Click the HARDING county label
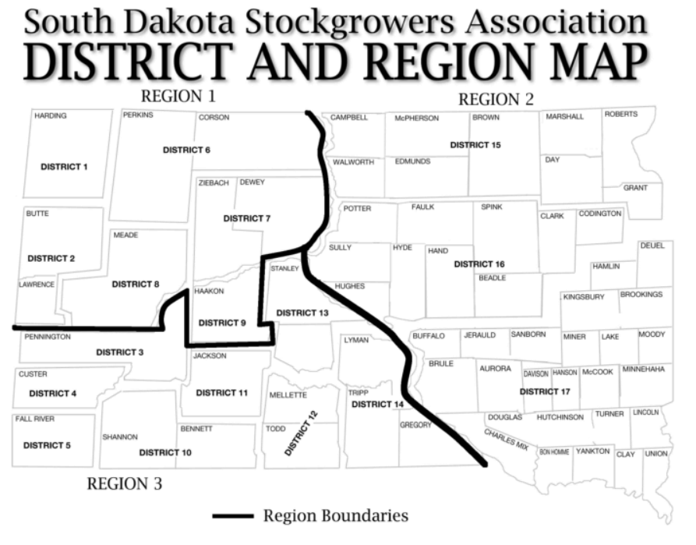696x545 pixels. (x=51, y=116)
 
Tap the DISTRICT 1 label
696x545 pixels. (x=65, y=166)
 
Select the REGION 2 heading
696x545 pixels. (x=496, y=100)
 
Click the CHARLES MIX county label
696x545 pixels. (x=506, y=440)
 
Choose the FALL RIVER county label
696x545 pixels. (x=35, y=419)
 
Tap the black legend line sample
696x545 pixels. (x=233, y=515)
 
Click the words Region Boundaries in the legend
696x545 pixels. (x=335, y=515)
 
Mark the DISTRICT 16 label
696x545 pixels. (x=479, y=264)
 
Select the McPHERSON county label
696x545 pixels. (x=417, y=119)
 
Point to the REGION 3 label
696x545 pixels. (x=125, y=483)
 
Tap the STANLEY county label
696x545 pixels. (x=284, y=269)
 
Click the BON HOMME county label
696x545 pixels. (x=554, y=452)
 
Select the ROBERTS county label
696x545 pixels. (x=620, y=114)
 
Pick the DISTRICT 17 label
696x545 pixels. (x=545, y=391)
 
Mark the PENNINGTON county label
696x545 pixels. (x=48, y=338)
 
